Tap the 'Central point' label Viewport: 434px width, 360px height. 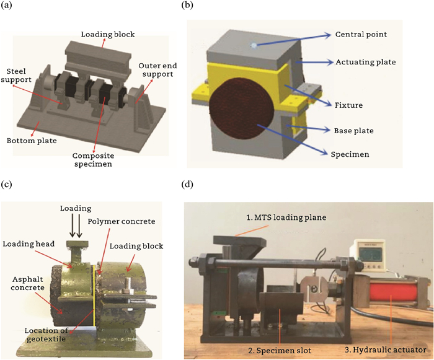(361, 35)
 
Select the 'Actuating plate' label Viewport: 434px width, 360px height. (366, 62)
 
